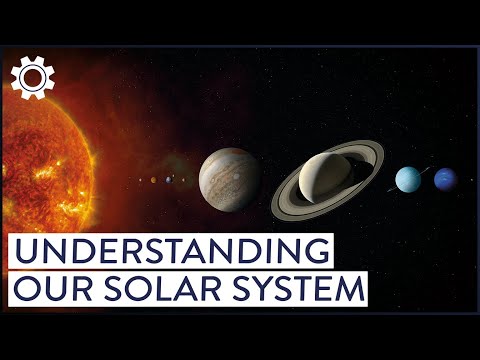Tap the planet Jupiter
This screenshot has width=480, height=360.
(x=230, y=180)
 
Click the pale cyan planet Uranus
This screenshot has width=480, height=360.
(x=408, y=179)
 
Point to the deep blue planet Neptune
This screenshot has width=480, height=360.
(x=445, y=179)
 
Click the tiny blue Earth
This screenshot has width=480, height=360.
(x=169, y=180)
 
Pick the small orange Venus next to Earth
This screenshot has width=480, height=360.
(x=153, y=180)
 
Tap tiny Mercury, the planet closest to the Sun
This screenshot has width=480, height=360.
(x=140, y=180)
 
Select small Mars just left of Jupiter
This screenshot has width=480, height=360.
(x=183, y=180)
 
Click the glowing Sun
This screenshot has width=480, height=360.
(x=40, y=170)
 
